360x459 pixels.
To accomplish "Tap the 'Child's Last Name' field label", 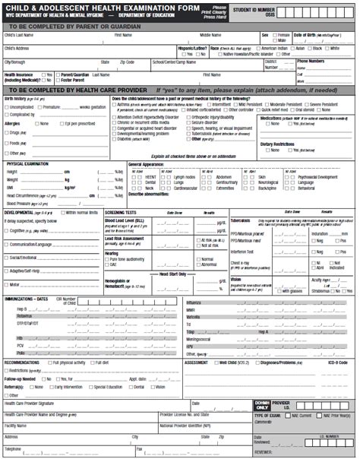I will click(20, 35).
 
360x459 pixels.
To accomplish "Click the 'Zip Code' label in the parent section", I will click(128, 61).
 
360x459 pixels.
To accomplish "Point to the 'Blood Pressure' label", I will click(22, 204).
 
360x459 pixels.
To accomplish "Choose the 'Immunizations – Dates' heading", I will click(31, 299).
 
